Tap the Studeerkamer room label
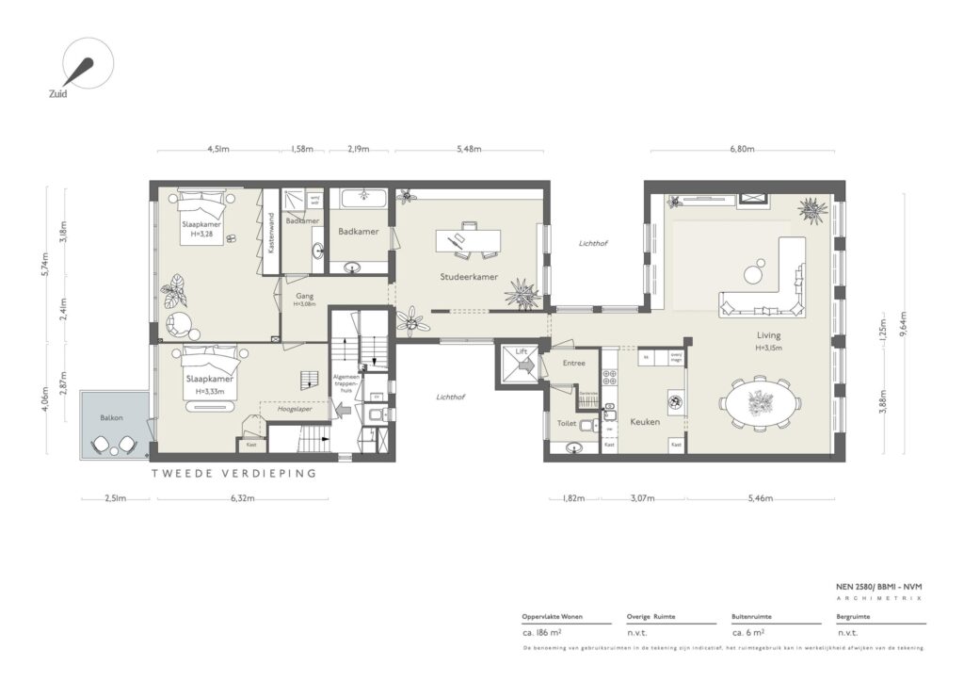pyautogui.click(x=469, y=277)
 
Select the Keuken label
pyautogui.click(x=645, y=421)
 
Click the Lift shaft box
pyautogui.click(x=521, y=364)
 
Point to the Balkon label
pyautogui.click(x=113, y=416)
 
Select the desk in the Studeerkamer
pyautogui.click(x=468, y=240)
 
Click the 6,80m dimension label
pyautogui.click(x=743, y=150)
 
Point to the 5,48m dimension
pyautogui.click(x=468, y=150)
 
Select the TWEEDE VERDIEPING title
pyautogui.click(x=234, y=474)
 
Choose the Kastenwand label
pyautogui.click(x=271, y=232)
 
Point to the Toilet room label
pyautogui.click(x=567, y=424)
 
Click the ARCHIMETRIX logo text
pyautogui.click(x=879, y=597)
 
